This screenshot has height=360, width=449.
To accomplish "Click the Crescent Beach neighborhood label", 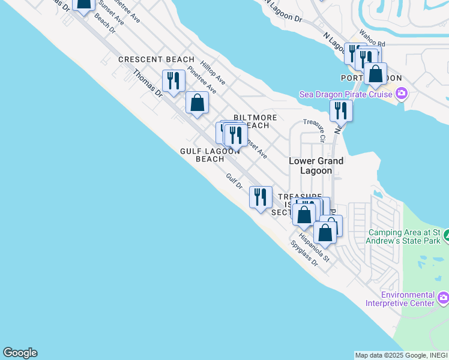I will tap(156, 59).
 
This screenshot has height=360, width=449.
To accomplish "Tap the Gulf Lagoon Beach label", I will tap(209, 155).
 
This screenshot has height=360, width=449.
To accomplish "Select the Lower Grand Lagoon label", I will tap(316, 166).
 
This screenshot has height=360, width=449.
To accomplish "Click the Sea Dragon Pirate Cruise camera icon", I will tap(402, 93).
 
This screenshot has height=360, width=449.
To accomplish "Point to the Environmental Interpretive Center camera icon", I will tap(443, 298).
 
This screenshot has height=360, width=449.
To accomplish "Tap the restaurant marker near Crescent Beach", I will tap(173, 81).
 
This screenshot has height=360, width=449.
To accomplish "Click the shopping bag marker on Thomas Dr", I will tap(197, 103).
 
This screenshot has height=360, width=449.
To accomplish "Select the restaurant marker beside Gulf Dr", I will tap(261, 197).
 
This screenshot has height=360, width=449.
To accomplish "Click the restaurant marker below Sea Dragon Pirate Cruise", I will tap(340, 111).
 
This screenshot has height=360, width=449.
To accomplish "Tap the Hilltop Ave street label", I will tap(212, 72).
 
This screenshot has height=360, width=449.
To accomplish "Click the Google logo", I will tap(20, 353).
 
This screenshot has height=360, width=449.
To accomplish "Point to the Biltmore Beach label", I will tap(255, 121).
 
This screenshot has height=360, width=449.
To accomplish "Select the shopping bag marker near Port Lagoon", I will tap(376, 74).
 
